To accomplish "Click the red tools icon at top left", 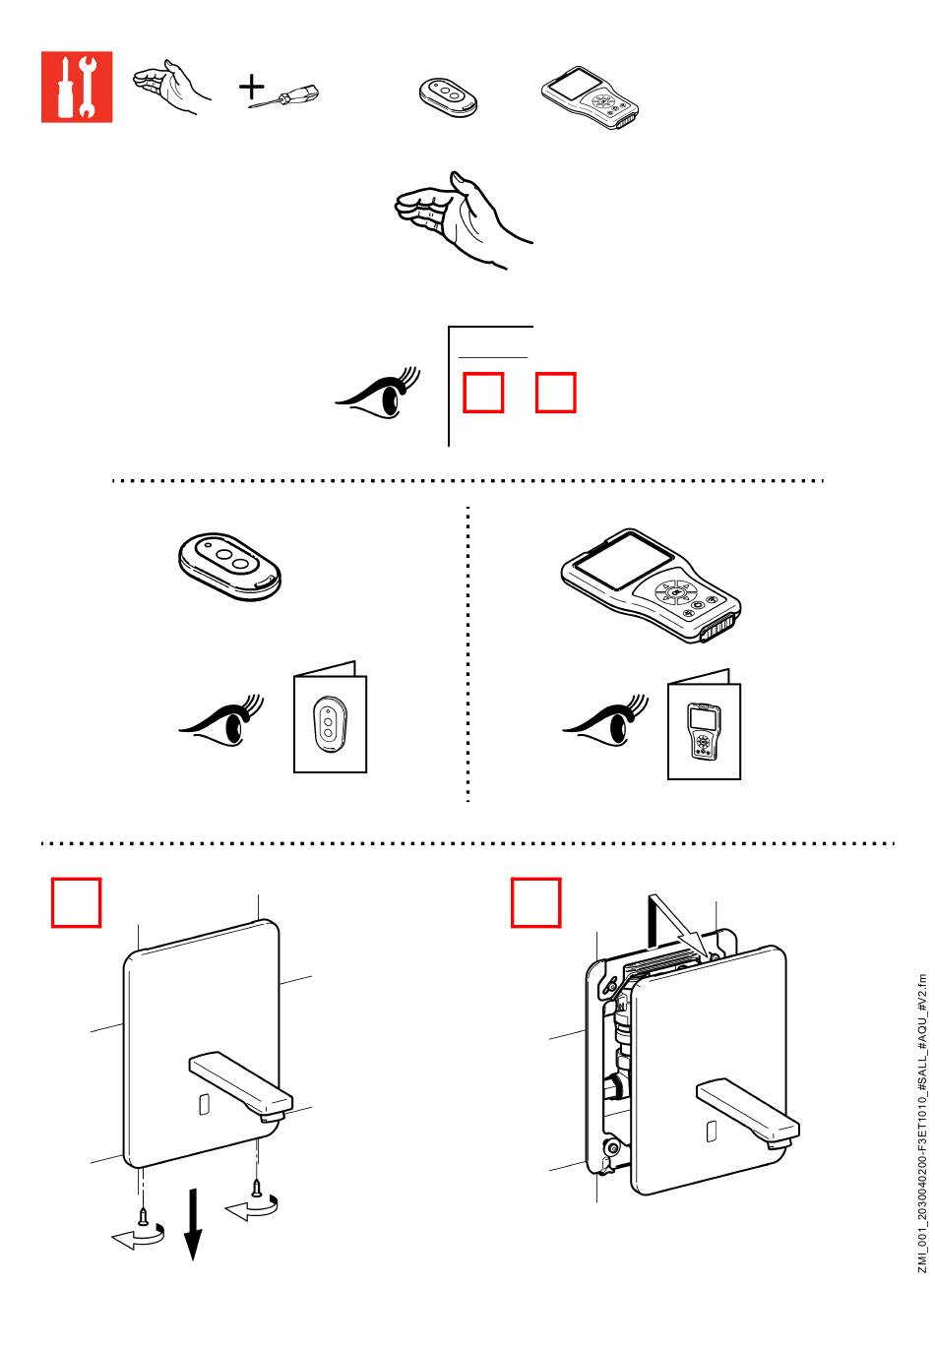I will point(77,88).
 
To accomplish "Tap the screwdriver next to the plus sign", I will point(285,97).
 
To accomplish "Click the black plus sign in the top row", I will point(252,88).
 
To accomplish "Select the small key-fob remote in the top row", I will point(448,96).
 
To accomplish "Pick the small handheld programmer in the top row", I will point(591,98).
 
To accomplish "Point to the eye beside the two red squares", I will point(380,394).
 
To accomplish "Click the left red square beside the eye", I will point(483,393).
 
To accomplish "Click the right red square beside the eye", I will point(555,393).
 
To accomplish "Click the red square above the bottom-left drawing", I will point(77,902).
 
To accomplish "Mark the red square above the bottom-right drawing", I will point(536,902).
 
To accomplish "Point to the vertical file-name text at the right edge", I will point(921,1122).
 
